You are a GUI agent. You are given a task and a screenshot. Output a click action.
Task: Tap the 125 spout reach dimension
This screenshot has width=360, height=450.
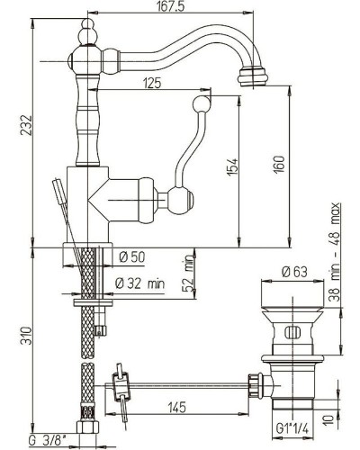coord(150,84)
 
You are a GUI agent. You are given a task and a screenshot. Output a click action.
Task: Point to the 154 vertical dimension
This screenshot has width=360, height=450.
coord(231,167)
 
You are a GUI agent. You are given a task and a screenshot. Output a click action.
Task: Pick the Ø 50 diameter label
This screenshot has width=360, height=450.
coord(132,257)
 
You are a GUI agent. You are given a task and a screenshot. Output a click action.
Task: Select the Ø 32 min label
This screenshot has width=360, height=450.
coord(141,284)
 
